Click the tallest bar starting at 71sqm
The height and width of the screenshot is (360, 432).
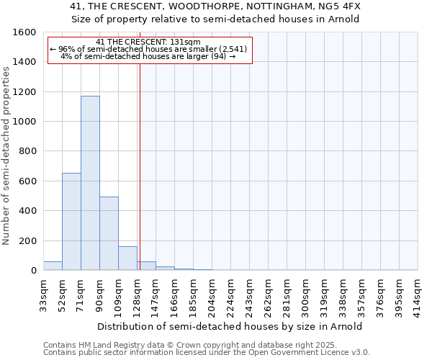tap(90, 183)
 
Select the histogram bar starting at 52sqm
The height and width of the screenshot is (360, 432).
tap(71, 222)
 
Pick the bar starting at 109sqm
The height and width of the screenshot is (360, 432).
tap(127, 258)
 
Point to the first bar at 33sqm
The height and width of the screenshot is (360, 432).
tap(53, 266)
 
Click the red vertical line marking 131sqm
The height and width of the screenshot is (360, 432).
tap(140, 166)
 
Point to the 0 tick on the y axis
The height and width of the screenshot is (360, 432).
tap(34, 271)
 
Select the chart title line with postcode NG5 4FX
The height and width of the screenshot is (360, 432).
tap(215, 6)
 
